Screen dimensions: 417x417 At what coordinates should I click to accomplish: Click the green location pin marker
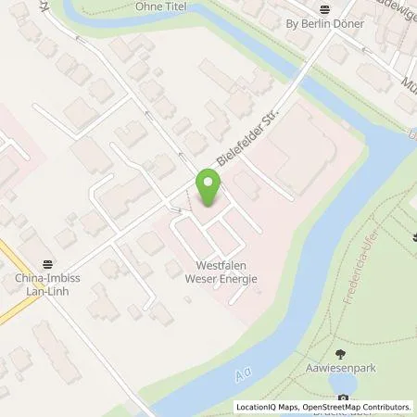pyautogui.click(x=208, y=188)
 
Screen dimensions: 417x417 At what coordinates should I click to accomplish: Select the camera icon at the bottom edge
pyautogui.click(x=344, y=399)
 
